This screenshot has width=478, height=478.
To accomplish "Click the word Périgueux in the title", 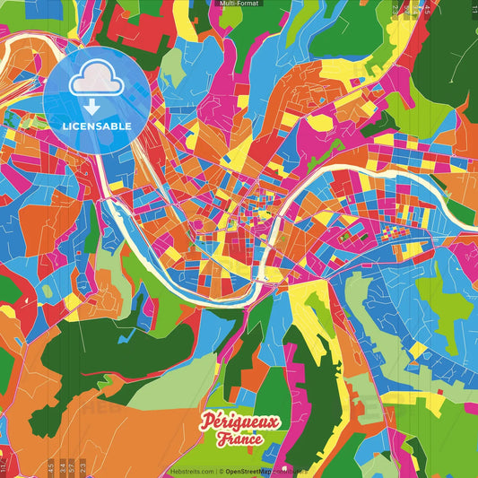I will (240, 422).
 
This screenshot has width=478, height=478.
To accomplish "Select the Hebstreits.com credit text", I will (191, 471).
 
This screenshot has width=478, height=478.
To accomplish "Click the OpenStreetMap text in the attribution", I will (250, 471).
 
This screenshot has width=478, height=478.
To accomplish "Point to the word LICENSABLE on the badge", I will (97, 126).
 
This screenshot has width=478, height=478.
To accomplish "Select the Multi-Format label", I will (239, 4).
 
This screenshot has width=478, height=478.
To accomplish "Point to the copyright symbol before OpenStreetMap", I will (221, 471).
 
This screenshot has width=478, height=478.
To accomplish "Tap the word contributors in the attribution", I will (291, 471).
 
